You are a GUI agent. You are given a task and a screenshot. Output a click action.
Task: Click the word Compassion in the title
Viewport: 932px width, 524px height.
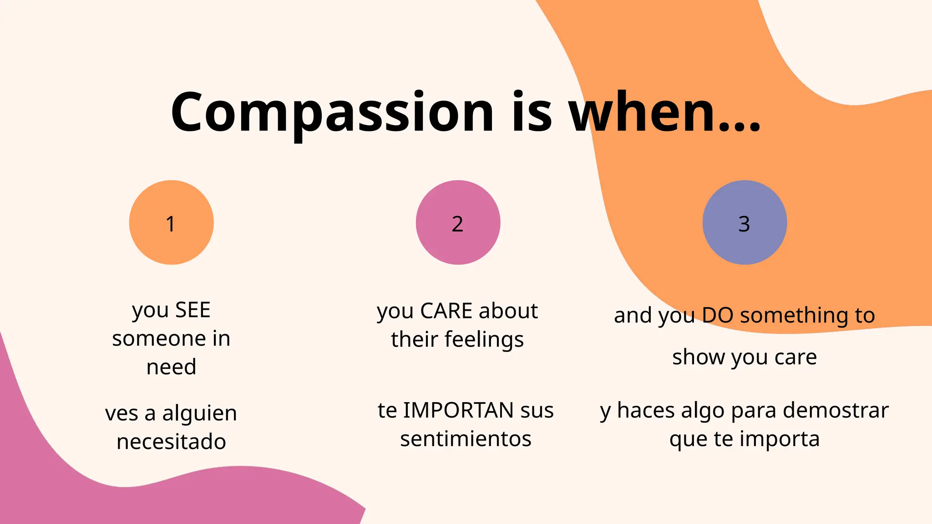[x=332, y=113]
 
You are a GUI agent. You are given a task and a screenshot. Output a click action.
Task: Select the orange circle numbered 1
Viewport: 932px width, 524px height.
[x=171, y=222]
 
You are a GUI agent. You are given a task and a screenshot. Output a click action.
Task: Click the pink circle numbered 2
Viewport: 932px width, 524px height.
[x=458, y=222]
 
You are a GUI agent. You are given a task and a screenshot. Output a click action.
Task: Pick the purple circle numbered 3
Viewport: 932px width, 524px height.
[x=745, y=222]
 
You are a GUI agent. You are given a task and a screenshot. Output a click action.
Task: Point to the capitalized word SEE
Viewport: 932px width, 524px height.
[x=193, y=311]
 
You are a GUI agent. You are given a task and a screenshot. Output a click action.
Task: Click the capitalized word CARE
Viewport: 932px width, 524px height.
[x=446, y=312]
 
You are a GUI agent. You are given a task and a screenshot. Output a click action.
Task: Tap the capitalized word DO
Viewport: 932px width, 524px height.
[x=718, y=315]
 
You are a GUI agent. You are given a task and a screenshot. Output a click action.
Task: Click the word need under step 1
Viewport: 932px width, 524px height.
[x=171, y=367]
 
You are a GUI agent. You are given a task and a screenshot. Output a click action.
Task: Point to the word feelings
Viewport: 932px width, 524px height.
[x=484, y=340]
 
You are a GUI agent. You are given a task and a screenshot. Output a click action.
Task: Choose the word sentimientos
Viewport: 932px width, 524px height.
[x=466, y=439]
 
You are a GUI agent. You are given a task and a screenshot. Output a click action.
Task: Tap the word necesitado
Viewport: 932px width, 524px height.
[x=171, y=442]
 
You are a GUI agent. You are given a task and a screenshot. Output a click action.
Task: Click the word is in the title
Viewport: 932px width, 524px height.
[x=532, y=113]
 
